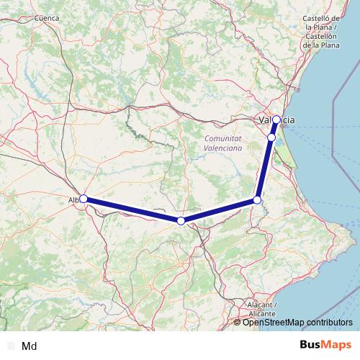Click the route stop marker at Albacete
click(84, 199)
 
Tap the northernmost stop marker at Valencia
click(276, 120)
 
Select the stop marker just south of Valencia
click(271, 137)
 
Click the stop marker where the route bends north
click(257, 200)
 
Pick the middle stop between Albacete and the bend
click(181, 220)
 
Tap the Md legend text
click(30, 346)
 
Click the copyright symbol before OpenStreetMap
click(238, 323)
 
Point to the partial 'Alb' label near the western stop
click(73, 199)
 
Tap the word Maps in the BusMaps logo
click(336, 346)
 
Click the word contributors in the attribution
click(328, 323)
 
